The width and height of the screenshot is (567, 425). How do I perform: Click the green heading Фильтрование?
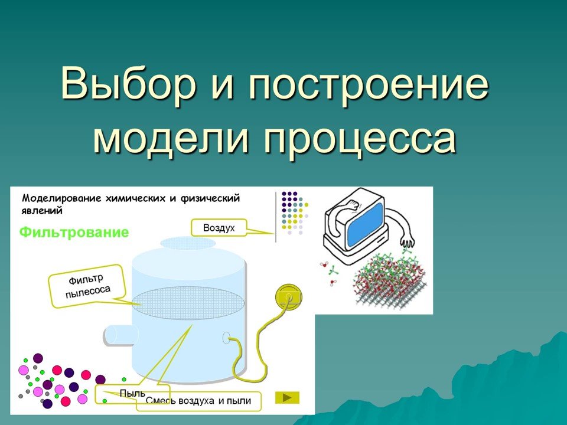[x=74, y=232]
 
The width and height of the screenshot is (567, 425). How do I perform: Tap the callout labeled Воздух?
[x=219, y=227]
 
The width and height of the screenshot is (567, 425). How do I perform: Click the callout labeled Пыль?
[x=132, y=393]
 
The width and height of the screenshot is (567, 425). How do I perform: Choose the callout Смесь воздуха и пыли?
[x=198, y=401]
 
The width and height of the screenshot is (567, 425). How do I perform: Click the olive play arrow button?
[x=287, y=397]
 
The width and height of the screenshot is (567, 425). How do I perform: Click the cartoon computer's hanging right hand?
[x=406, y=241]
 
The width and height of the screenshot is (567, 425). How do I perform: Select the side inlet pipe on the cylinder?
[x=120, y=335]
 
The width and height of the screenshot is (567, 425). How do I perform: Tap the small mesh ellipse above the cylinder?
[x=188, y=243]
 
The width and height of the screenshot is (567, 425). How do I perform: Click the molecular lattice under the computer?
[x=390, y=277]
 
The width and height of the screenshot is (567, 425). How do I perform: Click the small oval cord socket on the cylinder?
[x=226, y=338]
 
